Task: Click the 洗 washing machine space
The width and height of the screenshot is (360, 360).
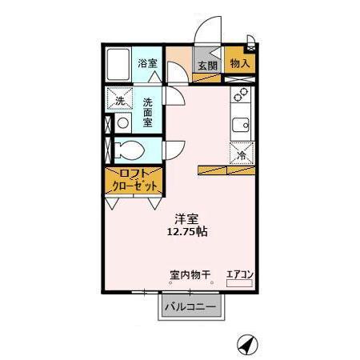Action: coord(119,101)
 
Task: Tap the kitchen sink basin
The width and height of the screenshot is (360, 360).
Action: coord(240,125)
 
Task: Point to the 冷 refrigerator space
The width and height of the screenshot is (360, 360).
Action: coord(241,154)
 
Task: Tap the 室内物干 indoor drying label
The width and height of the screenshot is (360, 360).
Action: coord(190,274)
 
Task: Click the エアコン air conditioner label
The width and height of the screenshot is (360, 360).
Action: coord(240,274)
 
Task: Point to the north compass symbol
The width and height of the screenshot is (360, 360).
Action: coord(249,344)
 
